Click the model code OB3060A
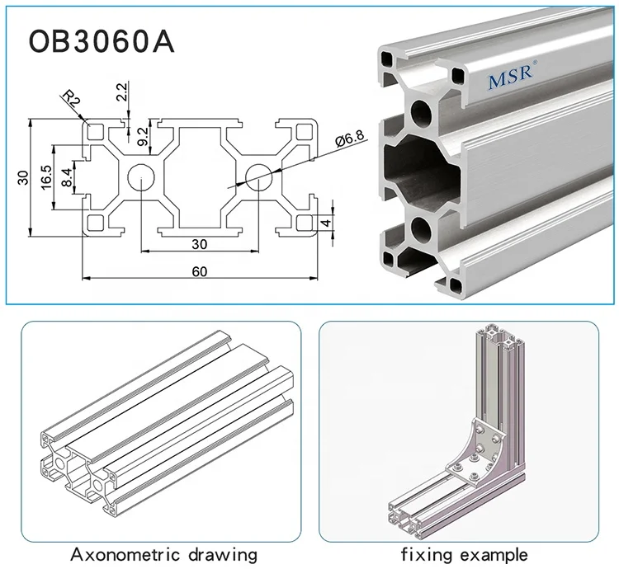pyautogui.click(x=102, y=42)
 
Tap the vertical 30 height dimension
pyautogui.click(x=24, y=177)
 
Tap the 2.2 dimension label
pyautogui.click(x=122, y=92)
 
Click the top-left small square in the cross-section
pyautogui.click(x=97, y=131)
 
